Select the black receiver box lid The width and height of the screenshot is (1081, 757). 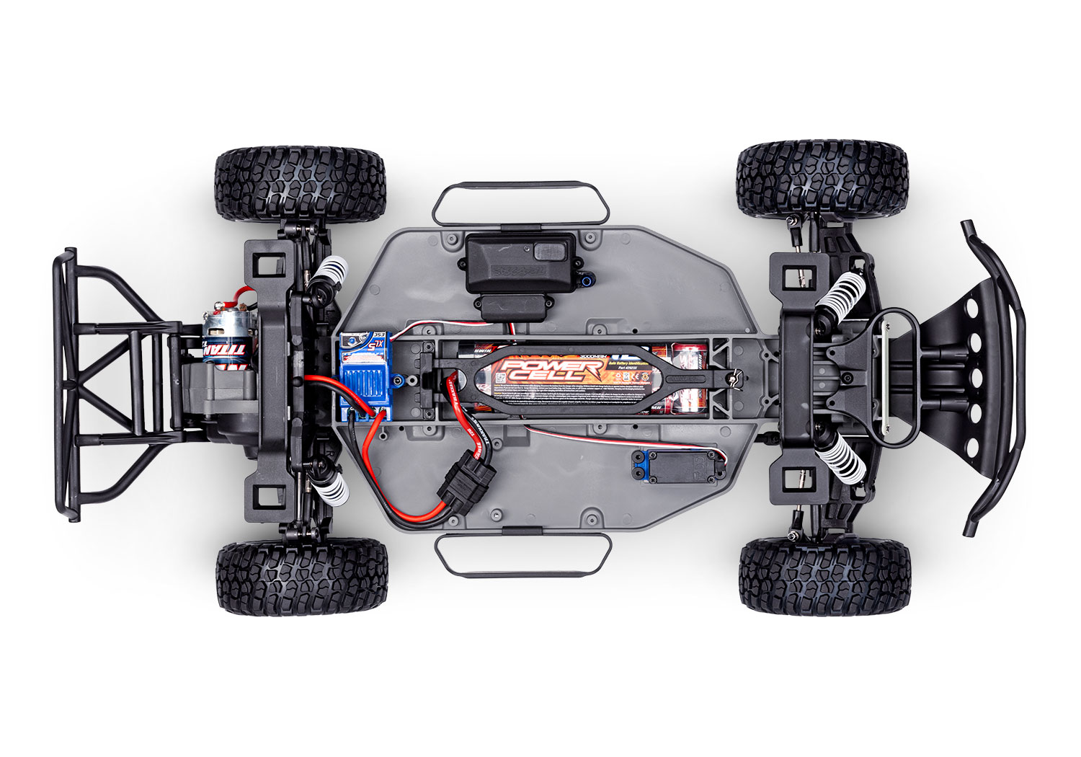pyautogui.click(x=520, y=262)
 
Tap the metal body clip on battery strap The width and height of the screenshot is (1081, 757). pyautogui.click(x=734, y=376)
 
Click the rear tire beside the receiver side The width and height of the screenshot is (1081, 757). pyautogui.click(x=300, y=185)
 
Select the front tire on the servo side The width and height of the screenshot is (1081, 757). pyautogui.click(x=824, y=581)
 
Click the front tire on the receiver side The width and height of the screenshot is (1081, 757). pyautogui.click(x=822, y=180)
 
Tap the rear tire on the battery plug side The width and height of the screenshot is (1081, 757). pyautogui.click(x=301, y=578)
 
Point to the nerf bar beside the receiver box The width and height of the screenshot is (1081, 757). pyautogui.click(x=520, y=202)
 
